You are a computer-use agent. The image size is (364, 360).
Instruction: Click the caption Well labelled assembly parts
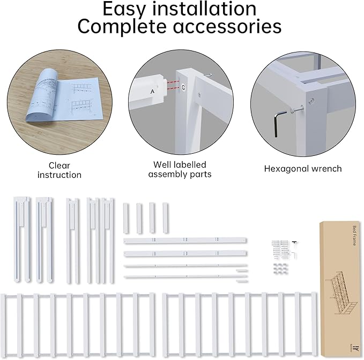pos(180,169)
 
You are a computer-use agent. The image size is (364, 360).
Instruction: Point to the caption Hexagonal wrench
pos(302,169)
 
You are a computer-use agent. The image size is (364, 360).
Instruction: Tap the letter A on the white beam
pos(152,92)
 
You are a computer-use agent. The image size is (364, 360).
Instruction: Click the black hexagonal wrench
pos(279,121)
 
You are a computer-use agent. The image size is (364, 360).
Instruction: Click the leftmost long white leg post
pos(20,238)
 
